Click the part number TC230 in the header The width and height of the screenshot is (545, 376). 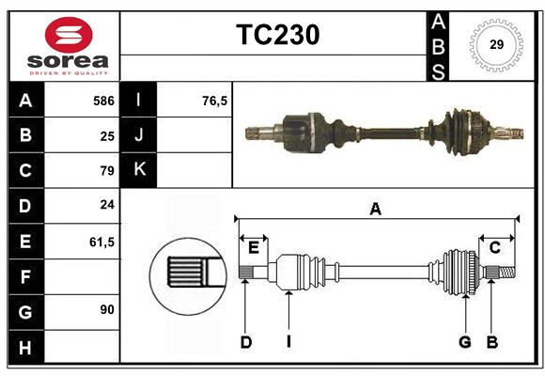(x=277, y=35)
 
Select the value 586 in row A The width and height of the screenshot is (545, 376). (x=102, y=101)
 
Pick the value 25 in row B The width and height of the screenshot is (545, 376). (x=107, y=136)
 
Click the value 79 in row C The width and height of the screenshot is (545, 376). (x=107, y=171)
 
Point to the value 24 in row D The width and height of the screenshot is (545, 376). (x=107, y=206)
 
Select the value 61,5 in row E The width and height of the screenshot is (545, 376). (x=101, y=242)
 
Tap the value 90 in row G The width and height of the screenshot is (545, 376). (x=107, y=309)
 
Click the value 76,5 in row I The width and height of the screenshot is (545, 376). (x=215, y=101)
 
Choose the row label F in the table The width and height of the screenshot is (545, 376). (x=24, y=276)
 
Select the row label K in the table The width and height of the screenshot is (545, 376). (x=139, y=170)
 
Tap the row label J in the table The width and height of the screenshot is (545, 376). (x=139, y=136)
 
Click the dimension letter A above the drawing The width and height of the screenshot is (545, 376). (x=376, y=209)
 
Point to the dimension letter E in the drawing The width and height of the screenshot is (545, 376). (x=253, y=247)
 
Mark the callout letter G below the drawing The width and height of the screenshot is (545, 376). (x=464, y=342)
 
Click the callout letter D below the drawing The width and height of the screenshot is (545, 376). (x=245, y=342)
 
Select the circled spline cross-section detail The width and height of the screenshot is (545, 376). (x=186, y=274)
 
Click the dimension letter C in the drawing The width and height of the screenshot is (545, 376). (x=494, y=247)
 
